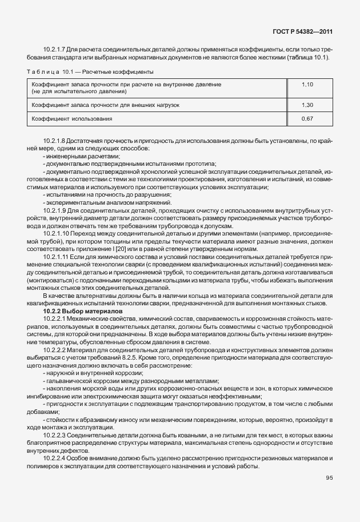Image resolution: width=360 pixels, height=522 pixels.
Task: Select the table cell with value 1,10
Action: coord(307,85)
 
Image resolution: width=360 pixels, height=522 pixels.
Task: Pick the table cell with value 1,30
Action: coord(307,105)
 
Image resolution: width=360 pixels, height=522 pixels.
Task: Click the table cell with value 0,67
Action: coord(307,119)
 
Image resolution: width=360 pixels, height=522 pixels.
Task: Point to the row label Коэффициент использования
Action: coord(72,119)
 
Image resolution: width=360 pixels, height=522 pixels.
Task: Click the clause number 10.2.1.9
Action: coord(57,210)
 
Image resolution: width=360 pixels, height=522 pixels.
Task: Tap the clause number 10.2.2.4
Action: coord(57,458)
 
